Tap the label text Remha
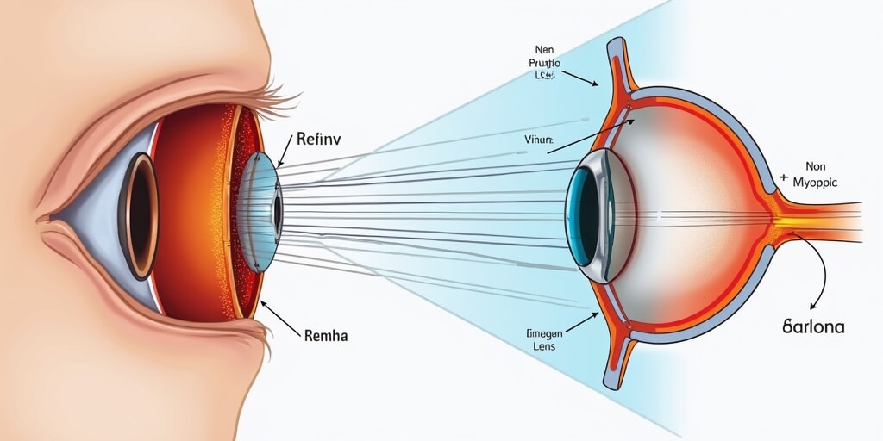click(326, 336)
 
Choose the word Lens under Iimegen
click(542, 346)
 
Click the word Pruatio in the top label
click(544, 63)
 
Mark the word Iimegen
click(543, 332)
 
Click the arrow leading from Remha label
click(279, 316)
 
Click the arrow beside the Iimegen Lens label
click(583, 323)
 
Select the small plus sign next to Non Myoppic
click(784, 177)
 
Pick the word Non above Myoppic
click(816, 167)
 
